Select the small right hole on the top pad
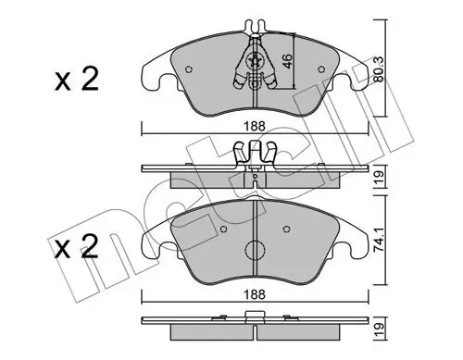(x=321, y=68)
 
